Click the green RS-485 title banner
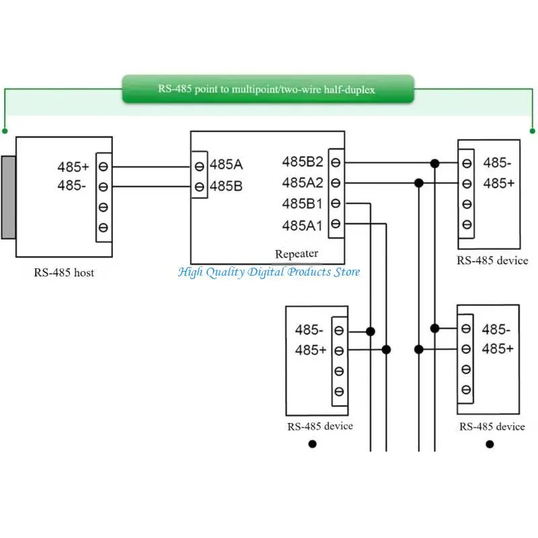(268, 89)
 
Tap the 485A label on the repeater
(226, 165)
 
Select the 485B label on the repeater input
(226, 186)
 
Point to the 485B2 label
(303, 161)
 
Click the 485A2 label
(303, 183)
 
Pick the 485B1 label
(302, 204)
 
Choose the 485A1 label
(302, 226)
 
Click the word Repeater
(297, 254)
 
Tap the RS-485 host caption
(64, 273)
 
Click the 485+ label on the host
(73, 167)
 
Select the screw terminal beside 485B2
(336, 162)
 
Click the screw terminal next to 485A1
(336, 224)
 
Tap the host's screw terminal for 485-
(104, 187)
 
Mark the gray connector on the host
(8, 197)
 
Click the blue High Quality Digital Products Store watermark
(269, 272)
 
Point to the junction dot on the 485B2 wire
(434, 163)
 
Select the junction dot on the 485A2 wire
(418, 183)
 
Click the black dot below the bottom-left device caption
(312, 444)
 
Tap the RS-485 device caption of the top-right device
(492, 261)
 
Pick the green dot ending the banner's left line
(5, 131)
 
